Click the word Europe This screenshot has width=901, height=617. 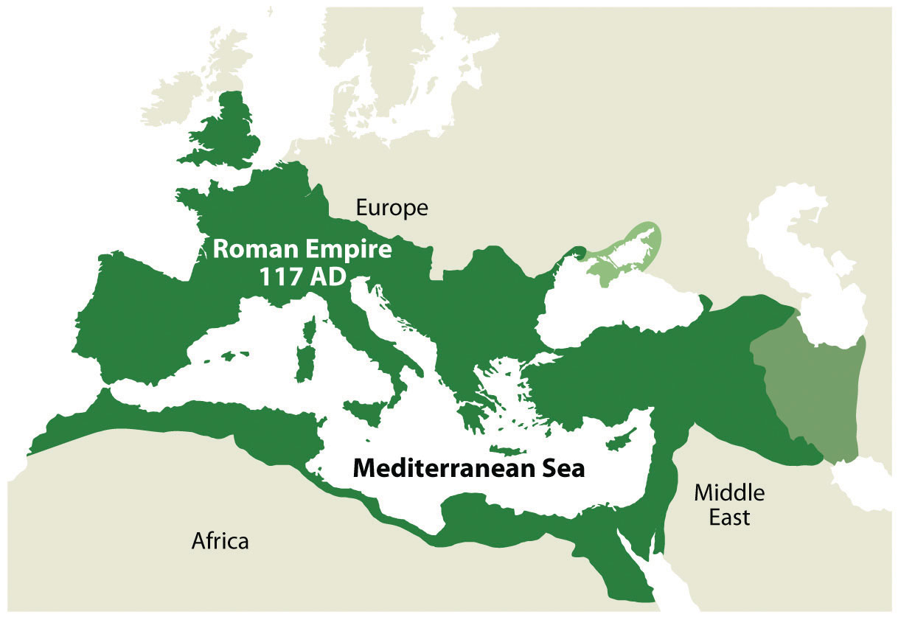click(392, 208)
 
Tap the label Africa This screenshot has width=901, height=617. click(220, 542)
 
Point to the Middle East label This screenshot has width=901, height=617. click(729, 504)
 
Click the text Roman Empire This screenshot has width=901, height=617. click(302, 248)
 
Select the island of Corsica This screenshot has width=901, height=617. click(310, 329)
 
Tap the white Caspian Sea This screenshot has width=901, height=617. click(826, 280)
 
